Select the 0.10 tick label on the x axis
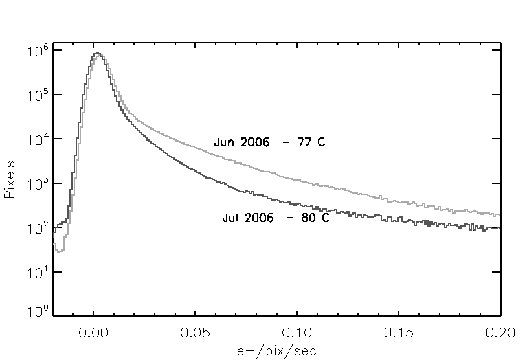point(298,332)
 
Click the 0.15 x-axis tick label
point(399,332)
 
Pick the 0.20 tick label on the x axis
point(500,332)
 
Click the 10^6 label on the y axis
point(36,51)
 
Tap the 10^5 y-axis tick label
point(36,95)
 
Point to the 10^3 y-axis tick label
point(36,184)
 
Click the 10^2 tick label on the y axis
point(36,229)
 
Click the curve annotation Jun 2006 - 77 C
point(269,143)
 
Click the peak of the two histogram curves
point(98,54)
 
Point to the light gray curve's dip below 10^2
point(60,250)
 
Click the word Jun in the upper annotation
point(223,143)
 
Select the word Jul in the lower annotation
point(231,218)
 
